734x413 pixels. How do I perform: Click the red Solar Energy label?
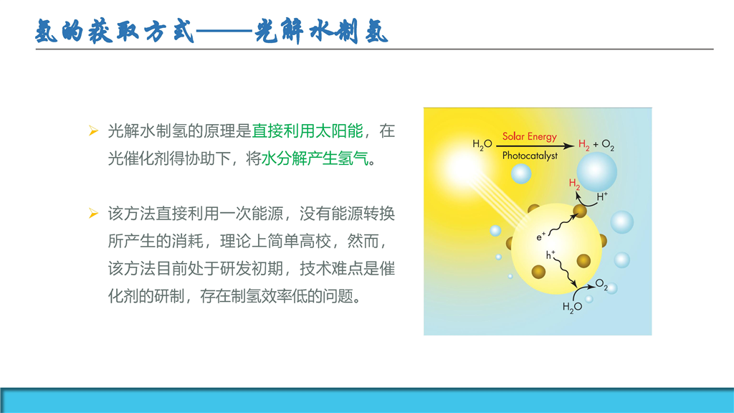click(530, 137)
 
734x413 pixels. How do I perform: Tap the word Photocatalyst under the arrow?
click(530, 156)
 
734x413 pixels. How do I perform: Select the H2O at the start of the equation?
click(482, 144)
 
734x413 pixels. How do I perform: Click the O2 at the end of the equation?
click(608, 145)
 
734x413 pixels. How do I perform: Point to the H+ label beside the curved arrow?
click(602, 196)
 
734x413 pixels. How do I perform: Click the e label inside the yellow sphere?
click(541, 237)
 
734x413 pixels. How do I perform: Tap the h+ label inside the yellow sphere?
click(550, 255)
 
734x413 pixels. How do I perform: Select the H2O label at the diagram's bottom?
click(572, 307)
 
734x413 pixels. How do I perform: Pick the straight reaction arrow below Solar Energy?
click(535, 146)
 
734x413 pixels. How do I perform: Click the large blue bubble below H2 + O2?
click(597, 172)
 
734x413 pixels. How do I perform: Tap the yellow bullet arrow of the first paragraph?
click(94, 131)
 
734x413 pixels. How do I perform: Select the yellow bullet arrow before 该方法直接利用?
click(94, 214)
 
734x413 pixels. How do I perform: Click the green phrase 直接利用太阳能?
click(308, 131)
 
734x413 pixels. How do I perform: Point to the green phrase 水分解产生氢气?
click(315, 158)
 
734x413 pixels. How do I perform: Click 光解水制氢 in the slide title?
click(322, 32)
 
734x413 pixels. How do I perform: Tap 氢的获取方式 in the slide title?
click(115, 32)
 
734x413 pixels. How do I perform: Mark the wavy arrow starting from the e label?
click(563, 224)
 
